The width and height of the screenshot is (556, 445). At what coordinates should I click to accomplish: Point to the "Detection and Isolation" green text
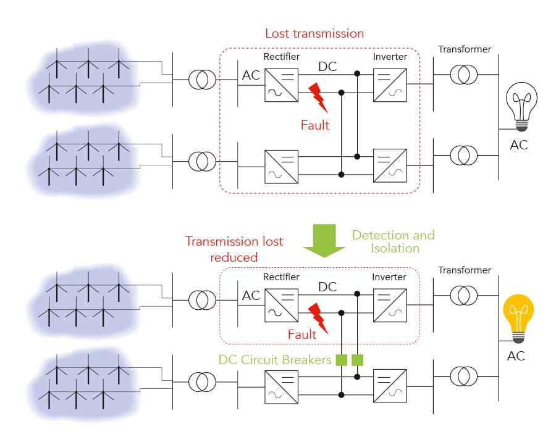click(x=393, y=241)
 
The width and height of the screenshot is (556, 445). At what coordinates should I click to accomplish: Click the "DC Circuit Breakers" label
click(x=275, y=359)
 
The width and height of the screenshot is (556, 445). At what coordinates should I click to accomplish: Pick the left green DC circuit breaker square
click(x=341, y=359)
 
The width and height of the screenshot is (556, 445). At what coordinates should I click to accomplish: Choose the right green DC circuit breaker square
click(x=356, y=359)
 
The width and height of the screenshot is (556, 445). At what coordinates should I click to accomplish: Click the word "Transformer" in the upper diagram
click(x=464, y=49)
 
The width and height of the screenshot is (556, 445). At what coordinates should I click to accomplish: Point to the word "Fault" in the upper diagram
click(x=315, y=125)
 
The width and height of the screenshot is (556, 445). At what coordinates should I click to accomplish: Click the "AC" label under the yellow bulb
click(x=517, y=356)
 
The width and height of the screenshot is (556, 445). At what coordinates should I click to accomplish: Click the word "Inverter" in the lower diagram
click(x=390, y=277)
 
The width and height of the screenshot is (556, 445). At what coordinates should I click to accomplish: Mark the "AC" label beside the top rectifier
click(x=251, y=76)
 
